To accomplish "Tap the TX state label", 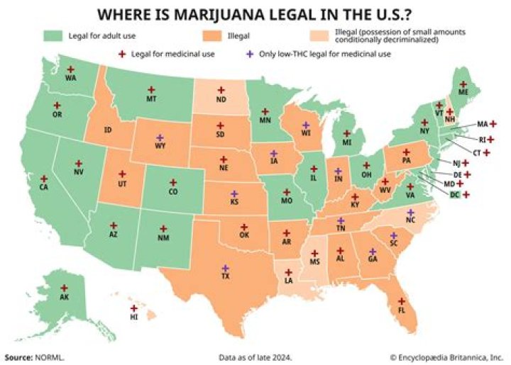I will (x=225, y=276).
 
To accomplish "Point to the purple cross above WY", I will (x=160, y=137).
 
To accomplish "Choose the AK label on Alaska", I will (x=64, y=298).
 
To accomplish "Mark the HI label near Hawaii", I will (x=133, y=318).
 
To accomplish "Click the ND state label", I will (x=221, y=99).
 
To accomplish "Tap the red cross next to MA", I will (x=493, y=123).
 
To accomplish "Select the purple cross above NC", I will (x=410, y=212).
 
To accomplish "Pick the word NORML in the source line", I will (x=47, y=356).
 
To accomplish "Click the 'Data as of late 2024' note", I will (x=255, y=356).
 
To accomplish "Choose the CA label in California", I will (x=44, y=188).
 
